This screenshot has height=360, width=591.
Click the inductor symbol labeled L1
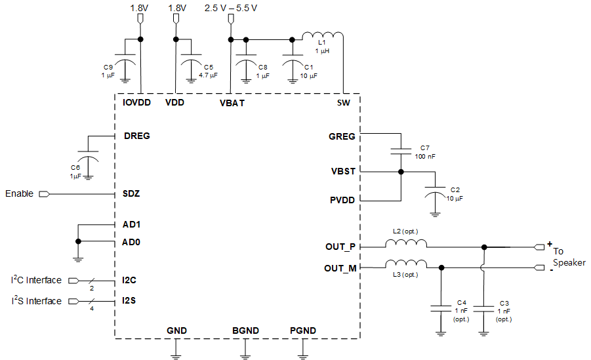point(322,35)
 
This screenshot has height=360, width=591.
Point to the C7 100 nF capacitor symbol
point(400,152)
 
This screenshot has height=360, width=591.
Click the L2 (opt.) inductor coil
point(406,243)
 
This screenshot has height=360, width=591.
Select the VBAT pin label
point(232,103)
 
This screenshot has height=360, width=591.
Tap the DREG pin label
point(136,136)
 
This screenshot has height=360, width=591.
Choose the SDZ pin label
point(131,194)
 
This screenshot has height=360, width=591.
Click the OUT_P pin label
point(340,247)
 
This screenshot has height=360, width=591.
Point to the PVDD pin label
point(342,200)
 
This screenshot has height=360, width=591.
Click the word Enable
point(20,194)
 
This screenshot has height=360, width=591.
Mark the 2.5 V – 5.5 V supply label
point(231,8)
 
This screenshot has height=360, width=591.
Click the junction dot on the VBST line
point(400,172)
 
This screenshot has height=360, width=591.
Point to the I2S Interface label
point(36,301)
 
